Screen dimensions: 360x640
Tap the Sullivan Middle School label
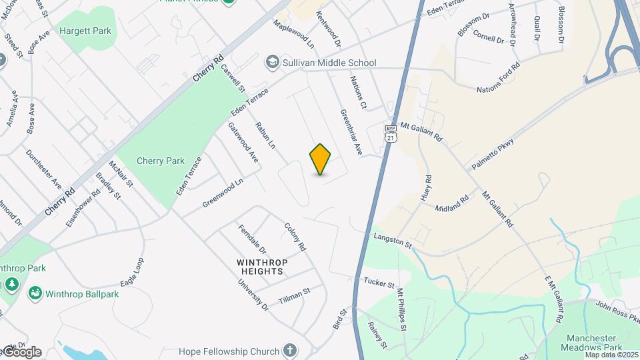(x=329, y=63)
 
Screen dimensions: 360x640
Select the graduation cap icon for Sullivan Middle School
(x=272, y=63)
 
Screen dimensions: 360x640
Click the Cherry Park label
(x=160, y=161)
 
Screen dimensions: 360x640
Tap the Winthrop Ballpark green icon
(x=34, y=293)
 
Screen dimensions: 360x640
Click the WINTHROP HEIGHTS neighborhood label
(x=263, y=267)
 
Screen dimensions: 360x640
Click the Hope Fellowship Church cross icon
(x=289, y=350)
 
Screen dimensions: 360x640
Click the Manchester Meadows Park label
(x=594, y=343)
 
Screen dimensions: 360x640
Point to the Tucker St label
(x=380, y=283)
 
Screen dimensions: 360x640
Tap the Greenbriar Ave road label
(x=351, y=133)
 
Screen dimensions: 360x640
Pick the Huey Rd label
(x=428, y=189)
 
